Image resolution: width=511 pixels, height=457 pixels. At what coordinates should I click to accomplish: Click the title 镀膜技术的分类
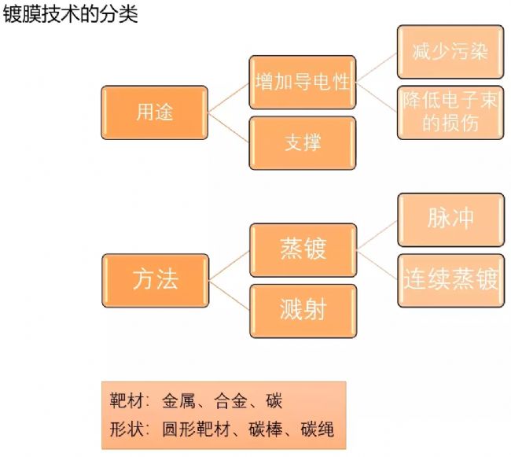[70, 15]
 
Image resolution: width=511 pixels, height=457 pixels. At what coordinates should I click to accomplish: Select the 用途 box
[155, 112]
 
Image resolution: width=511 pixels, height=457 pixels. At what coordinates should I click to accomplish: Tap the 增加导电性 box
[303, 83]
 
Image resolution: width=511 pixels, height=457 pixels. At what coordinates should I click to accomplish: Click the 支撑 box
[303, 142]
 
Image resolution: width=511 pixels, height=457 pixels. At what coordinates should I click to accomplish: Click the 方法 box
[155, 280]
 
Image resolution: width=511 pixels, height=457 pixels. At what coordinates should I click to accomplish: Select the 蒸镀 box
[303, 250]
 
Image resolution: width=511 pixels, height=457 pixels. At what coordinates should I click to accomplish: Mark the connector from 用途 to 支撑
[229, 127]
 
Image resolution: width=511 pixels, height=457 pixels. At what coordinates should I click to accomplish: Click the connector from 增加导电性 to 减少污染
[377, 67]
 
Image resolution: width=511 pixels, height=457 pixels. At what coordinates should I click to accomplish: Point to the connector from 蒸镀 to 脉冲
[377, 235]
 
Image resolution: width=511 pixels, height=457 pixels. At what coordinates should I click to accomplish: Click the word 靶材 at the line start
[125, 401]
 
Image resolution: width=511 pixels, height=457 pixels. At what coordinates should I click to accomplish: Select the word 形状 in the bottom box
[125, 429]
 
